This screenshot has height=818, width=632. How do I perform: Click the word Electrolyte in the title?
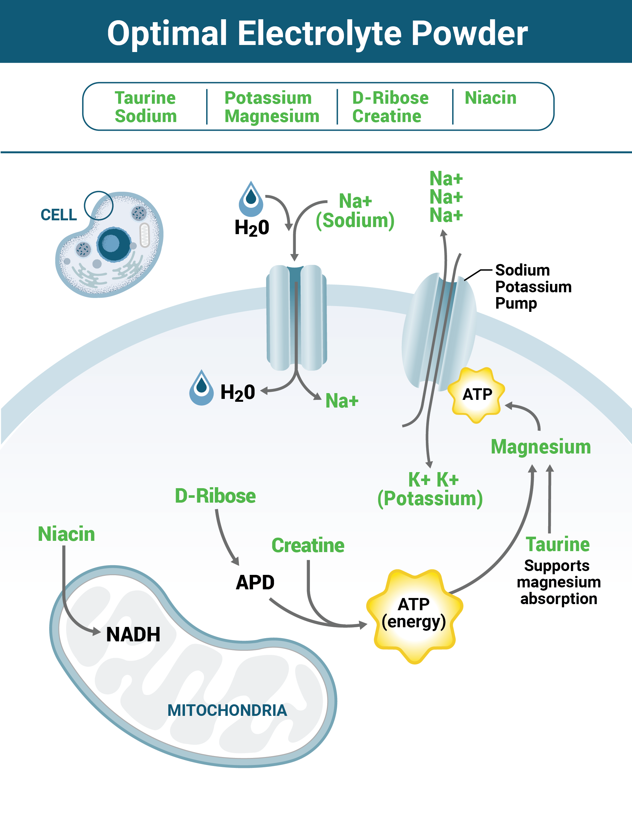coord(319,34)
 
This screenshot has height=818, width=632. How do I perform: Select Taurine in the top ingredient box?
coord(145,98)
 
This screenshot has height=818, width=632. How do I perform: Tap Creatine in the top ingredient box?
coord(386,116)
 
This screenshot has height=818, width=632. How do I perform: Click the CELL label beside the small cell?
coord(58,215)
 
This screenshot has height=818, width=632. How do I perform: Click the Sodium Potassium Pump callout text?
coord(533,286)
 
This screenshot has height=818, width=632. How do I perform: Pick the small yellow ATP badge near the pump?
coord(477,395)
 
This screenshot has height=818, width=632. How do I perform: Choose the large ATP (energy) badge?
coord(414,614)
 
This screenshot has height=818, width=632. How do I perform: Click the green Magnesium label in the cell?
coord(541,447)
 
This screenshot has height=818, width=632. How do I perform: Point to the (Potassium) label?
coord(430,498)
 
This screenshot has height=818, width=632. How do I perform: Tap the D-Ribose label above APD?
coord(215,496)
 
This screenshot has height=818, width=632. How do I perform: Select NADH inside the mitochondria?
coord(133,635)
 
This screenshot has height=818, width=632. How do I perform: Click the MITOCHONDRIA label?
coord(227,710)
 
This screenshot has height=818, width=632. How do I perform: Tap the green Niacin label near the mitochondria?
coord(66,534)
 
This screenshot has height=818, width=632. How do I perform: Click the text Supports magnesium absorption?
coord(558,582)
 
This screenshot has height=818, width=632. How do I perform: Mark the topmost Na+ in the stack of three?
coord(446,179)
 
